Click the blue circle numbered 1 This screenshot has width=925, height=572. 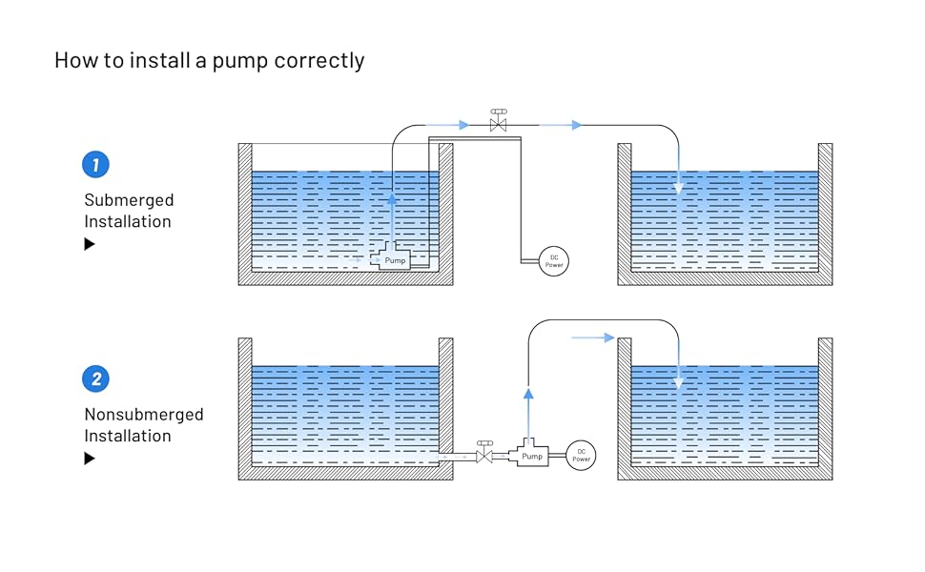[95, 164]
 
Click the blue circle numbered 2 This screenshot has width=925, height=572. [95, 378]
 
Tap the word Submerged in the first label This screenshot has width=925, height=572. [129, 200]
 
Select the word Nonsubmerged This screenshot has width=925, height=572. [144, 415]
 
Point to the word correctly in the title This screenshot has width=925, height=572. [319, 61]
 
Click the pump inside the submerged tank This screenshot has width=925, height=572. [395, 258]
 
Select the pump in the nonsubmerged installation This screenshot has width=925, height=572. [531, 455]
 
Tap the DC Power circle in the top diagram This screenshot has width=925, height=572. [554, 260]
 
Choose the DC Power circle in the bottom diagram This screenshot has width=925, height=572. [581, 456]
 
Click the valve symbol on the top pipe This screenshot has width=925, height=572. [498, 123]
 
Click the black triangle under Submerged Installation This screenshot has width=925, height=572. [90, 244]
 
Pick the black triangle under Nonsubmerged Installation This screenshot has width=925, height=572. [90, 459]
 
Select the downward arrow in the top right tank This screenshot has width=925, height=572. [678, 188]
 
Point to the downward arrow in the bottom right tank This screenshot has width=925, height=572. [678, 381]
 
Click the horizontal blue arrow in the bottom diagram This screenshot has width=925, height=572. [593, 337]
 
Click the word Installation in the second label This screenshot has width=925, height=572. [128, 436]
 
